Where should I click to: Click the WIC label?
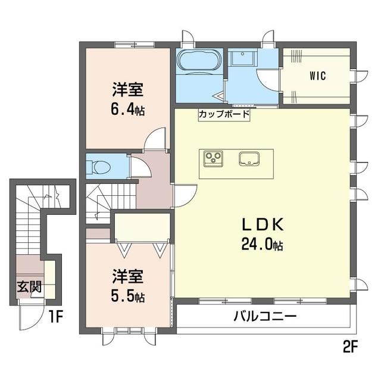317,76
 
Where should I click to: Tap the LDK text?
263,225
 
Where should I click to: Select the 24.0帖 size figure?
262,244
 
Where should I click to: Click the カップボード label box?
224,114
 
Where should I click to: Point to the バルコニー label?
265,316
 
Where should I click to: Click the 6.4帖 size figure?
128,110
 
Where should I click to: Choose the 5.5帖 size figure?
128,296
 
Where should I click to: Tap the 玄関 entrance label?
29,287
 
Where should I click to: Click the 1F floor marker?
56,317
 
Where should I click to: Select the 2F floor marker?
350,346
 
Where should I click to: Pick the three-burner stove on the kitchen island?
213,159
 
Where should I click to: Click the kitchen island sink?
249,159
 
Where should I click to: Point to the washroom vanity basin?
242,57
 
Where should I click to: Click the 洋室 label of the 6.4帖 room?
128,90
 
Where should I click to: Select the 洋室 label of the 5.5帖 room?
128,276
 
